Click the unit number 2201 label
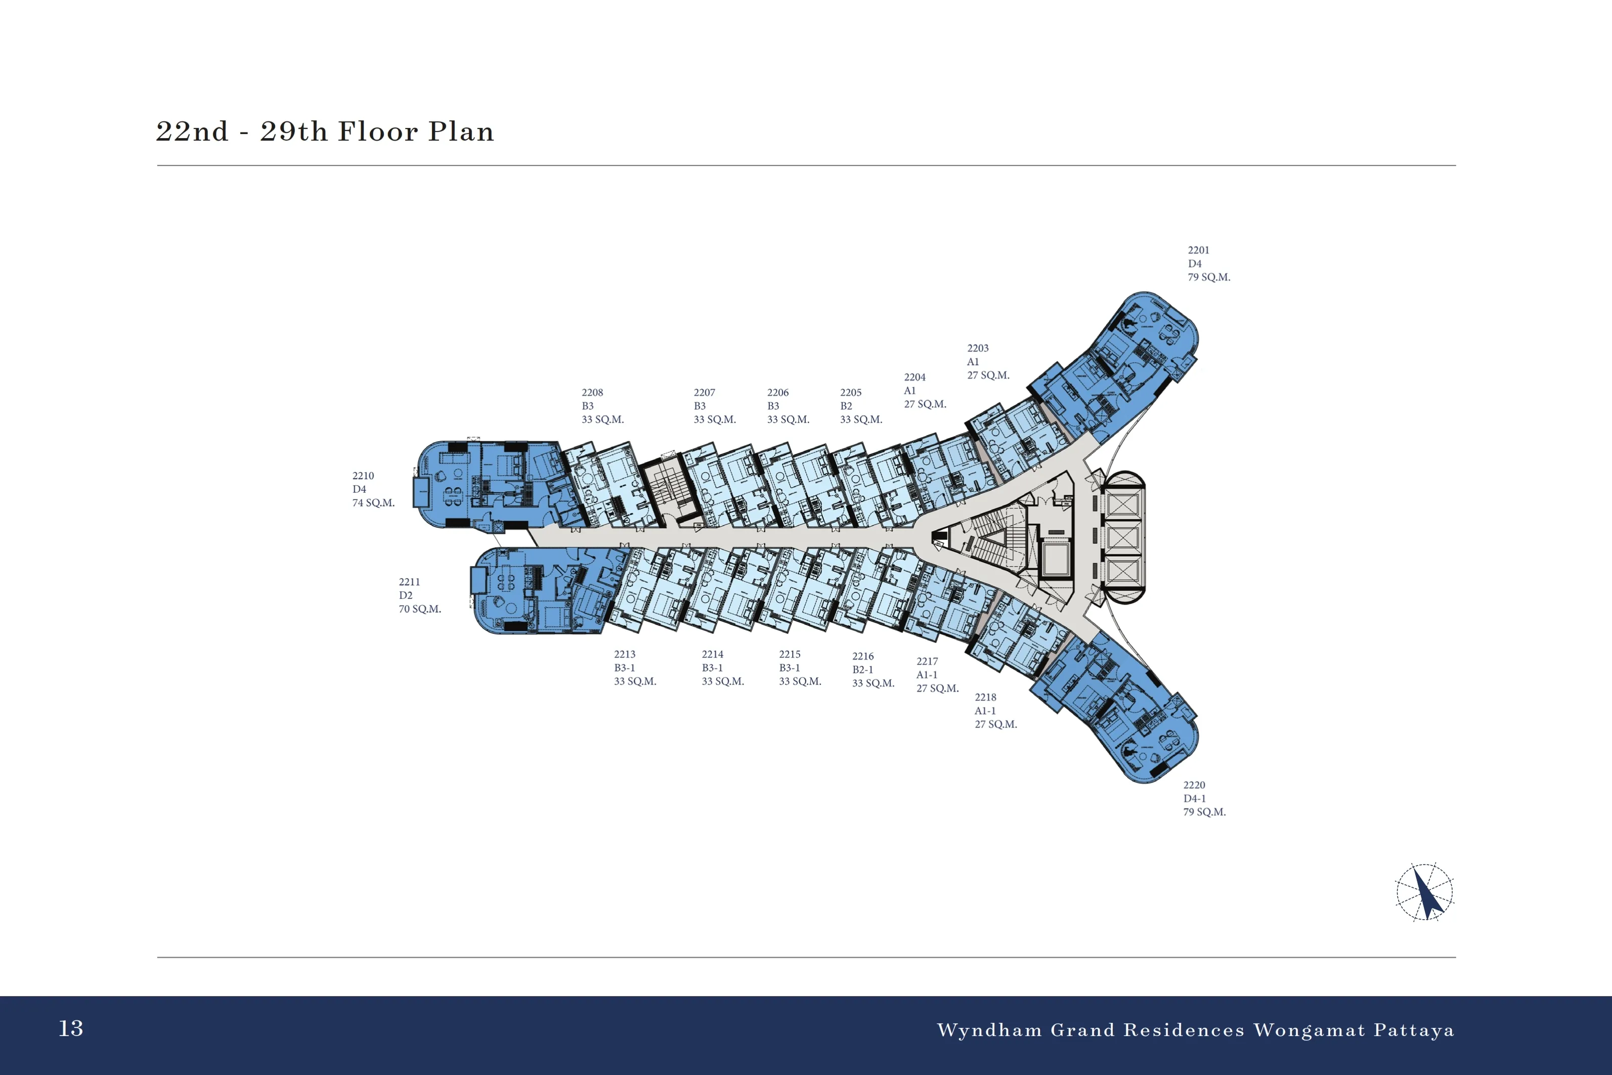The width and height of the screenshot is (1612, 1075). [1199, 250]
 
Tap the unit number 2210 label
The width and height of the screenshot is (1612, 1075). [363, 476]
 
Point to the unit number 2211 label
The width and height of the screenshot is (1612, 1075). [409, 582]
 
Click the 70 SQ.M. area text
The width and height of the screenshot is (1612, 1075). [420, 609]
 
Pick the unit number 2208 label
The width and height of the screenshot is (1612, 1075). [592, 393]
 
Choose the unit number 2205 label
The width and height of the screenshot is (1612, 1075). [851, 393]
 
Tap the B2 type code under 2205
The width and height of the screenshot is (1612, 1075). [846, 406]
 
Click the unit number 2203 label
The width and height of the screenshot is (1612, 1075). [978, 348]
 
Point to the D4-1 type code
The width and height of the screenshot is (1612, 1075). [1195, 799]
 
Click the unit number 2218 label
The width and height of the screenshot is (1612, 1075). [986, 697]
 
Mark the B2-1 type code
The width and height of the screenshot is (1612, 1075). [863, 670]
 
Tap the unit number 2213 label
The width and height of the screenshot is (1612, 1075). [624, 655]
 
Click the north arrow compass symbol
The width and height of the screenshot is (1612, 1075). [1425, 892]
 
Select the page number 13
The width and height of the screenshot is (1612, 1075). [71, 1028]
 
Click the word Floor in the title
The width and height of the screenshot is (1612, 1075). [378, 131]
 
